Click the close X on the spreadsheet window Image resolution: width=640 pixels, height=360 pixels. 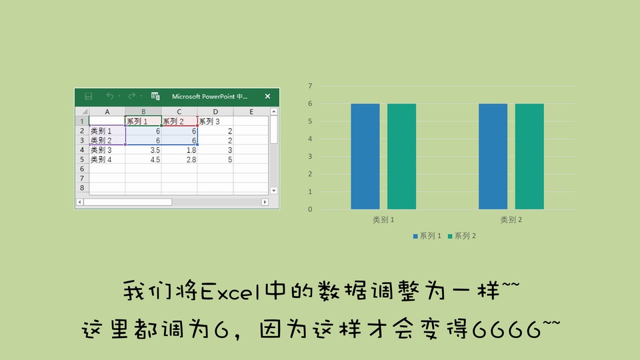tap(267, 96)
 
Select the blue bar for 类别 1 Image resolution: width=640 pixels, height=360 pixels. tap(365, 156)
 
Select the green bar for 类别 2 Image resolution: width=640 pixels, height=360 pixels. tap(529, 156)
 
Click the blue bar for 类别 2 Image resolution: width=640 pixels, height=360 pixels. tap(493, 156)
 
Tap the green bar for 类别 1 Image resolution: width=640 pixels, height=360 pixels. tap(401, 156)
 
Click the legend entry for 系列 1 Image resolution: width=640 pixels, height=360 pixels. tap(427, 236)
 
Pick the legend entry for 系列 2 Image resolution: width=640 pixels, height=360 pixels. tap(461, 236)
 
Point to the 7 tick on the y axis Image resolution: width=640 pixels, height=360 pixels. tap(310, 86)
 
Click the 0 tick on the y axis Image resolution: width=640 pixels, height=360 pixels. tap(310, 209)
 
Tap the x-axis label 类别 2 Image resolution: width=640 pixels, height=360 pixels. tap(511, 219)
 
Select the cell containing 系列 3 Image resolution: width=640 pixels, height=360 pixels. tap(215, 121)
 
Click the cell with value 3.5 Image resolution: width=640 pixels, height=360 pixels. tap(143, 150)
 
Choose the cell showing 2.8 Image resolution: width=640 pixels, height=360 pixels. tap(179, 159)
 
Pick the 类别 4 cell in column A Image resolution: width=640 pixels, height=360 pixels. tap(107, 159)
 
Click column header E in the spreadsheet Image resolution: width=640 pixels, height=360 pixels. tap(251, 111)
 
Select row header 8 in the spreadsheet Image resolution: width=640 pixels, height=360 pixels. tap(82, 188)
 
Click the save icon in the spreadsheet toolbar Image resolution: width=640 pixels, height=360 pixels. tap(88, 96)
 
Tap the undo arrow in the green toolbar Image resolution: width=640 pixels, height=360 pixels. tap(110, 96)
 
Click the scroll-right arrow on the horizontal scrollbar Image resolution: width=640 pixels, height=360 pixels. tap(265, 202)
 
